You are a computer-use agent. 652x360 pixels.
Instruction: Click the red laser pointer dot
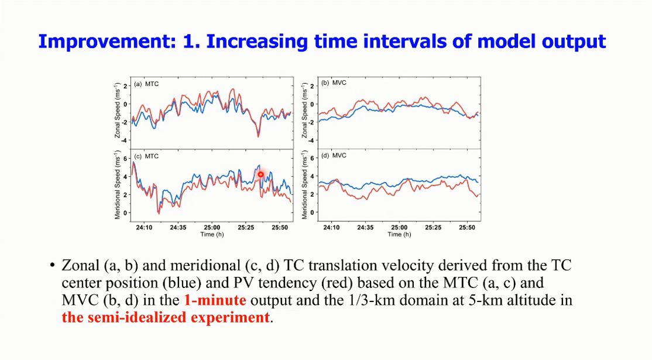260,174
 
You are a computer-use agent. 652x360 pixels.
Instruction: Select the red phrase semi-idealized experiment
166,318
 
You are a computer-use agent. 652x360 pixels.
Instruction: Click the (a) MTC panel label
146,84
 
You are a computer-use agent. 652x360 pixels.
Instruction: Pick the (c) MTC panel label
146,156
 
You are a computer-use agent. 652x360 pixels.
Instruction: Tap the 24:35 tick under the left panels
179,228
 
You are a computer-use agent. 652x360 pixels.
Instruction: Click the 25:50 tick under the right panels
466,228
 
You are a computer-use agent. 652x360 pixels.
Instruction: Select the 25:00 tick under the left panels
212,228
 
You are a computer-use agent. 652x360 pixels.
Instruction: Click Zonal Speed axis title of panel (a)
119,110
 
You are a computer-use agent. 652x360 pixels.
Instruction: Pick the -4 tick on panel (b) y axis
312,140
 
